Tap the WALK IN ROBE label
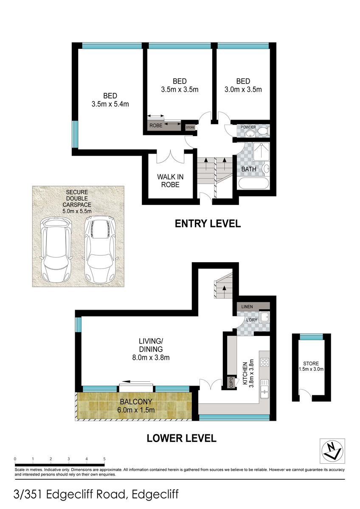pyautogui.click(x=168, y=181)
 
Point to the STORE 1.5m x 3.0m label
pyautogui.click(x=313, y=366)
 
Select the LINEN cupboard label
pyautogui.click(x=247, y=306)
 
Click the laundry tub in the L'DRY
pyautogui.click(x=264, y=316)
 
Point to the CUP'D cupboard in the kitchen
pyautogui.click(x=231, y=383)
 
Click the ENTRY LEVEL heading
pyautogui.click(x=208, y=224)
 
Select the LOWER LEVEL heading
pyautogui.click(x=181, y=438)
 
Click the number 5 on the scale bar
pyautogui.click(x=104, y=459)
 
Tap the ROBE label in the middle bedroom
pyautogui.click(x=156, y=126)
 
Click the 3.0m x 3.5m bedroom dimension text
pyautogui.click(x=243, y=89)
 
